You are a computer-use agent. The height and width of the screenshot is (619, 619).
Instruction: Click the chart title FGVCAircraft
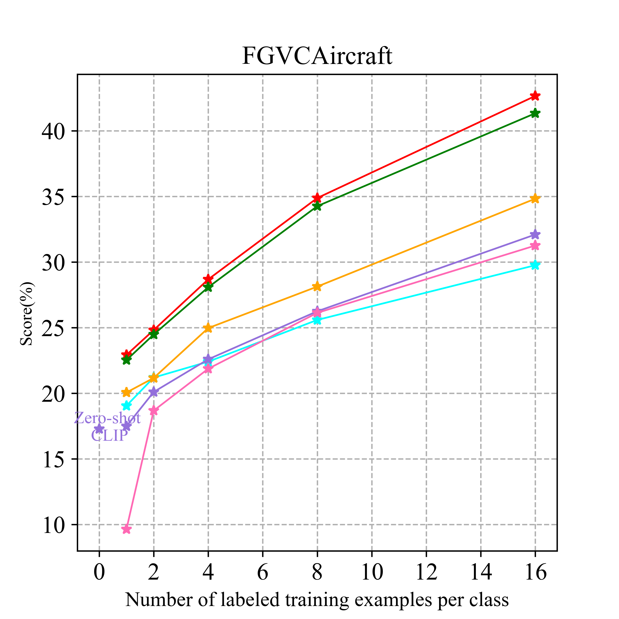pyautogui.click(x=317, y=56)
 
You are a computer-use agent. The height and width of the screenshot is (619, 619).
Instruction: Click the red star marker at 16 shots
pyautogui.click(x=535, y=96)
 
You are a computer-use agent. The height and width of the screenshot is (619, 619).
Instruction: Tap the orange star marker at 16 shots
pyautogui.click(x=535, y=199)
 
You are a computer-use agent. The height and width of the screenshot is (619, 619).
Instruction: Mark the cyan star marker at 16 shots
pyautogui.click(x=535, y=265)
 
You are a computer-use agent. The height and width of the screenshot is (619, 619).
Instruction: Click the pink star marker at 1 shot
pyautogui.click(x=126, y=529)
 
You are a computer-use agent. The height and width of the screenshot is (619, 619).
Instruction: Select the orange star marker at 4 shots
pyautogui.click(x=208, y=328)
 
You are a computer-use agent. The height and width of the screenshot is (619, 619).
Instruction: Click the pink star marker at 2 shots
pyautogui.click(x=154, y=410)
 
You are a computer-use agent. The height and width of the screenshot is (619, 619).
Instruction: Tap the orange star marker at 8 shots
pyautogui.click(x=317, y=286)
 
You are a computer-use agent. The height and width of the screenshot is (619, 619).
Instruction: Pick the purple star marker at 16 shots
pyautogui.click(x=535, y=235)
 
